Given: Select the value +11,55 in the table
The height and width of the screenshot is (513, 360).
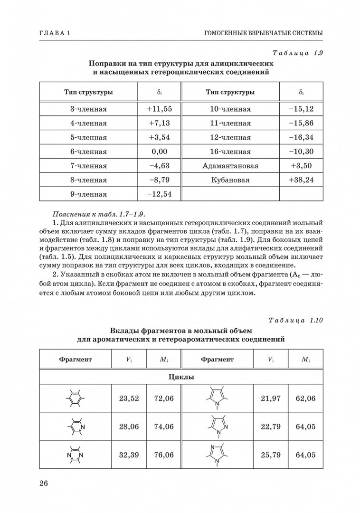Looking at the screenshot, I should point(159,109).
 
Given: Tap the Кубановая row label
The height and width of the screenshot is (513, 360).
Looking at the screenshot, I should point(230,180).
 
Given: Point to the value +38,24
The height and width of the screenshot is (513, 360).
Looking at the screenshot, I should point(301,180).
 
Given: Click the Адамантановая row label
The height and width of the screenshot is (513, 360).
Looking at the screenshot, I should point(230,166).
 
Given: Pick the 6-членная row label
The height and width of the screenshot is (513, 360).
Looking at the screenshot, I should point(88,152).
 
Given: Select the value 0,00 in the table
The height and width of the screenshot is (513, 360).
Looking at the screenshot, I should point(159,152).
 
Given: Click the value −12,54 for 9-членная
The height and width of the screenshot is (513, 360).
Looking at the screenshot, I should point(159,194).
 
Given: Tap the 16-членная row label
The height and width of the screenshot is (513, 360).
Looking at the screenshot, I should point(230,152).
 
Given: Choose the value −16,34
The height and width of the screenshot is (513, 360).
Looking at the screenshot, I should point(301,137).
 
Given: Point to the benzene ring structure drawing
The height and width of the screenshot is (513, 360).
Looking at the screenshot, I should point(75,398).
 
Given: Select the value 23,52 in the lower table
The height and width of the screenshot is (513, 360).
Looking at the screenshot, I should point(129,398).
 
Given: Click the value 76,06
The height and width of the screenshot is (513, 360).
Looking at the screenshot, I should point(164,455).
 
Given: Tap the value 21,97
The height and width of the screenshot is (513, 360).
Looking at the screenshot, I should point(271,398).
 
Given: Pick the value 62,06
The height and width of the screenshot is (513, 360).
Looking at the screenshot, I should point(305,398).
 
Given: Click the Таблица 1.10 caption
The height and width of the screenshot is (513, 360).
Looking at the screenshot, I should point(295,320).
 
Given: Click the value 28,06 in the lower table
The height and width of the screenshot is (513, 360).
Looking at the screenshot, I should point(129,426).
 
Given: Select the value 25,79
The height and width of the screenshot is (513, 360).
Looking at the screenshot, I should point(271,455).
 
